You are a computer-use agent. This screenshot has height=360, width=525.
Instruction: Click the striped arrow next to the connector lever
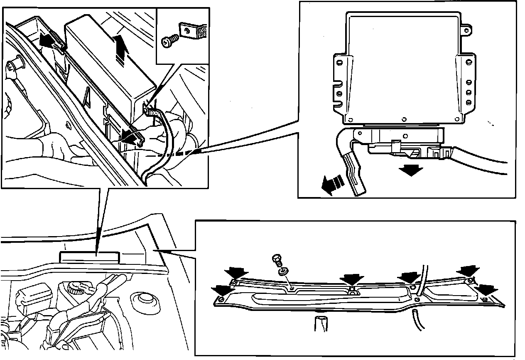pyautogui.click(x=333, y=185)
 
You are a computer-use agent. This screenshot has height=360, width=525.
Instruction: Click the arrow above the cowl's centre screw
pyautogui.click(x=351, y=279)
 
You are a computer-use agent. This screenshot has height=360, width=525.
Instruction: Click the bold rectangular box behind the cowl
pyautogui.click(x=89, y=256)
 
